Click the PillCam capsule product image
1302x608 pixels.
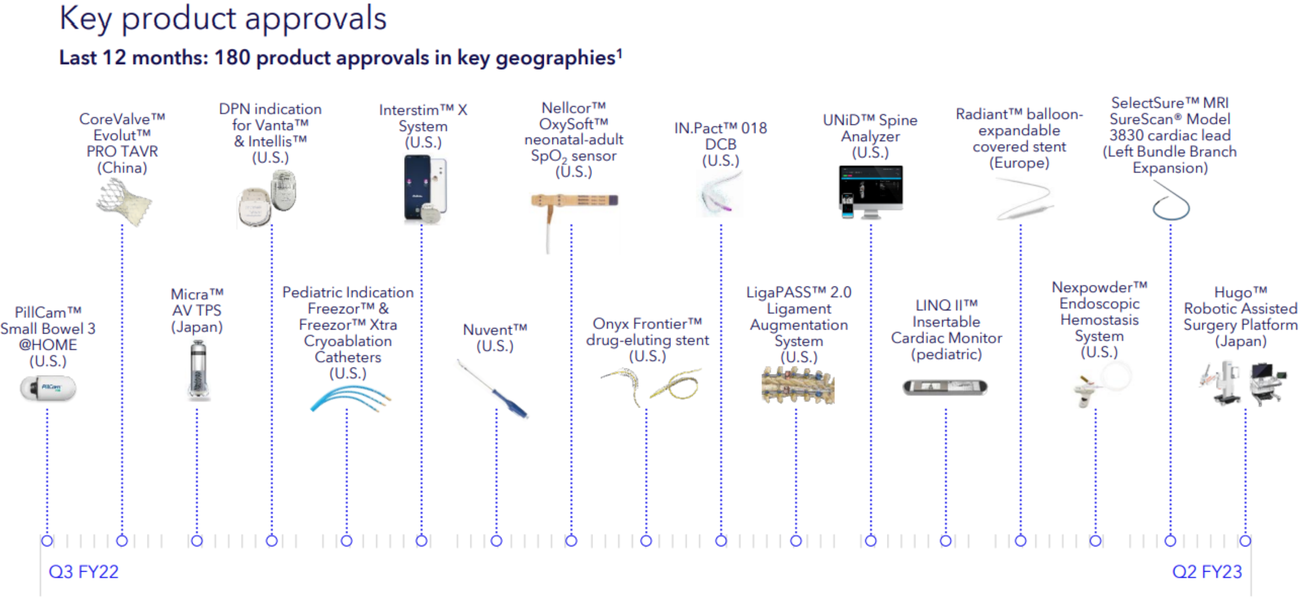(x=48, y=388)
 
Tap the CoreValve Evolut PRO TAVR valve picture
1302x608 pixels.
(x=124, y=202)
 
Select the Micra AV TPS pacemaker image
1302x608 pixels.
(x=198, y=371)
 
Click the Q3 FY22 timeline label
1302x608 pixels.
(x=83, y=572)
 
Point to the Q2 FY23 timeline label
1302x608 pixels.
(x=1207, y=572)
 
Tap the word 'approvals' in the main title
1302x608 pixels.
(x=316, y=19)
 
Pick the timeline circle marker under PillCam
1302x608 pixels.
(x=47, y=541)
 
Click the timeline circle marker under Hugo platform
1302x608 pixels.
(x=1245, y=541)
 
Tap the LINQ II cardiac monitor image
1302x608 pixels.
(x=945, y=387)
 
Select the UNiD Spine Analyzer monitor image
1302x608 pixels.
(x=870, y=192)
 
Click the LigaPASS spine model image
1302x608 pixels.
(x=798, y=385)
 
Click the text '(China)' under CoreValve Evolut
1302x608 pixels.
(x=122, y=168)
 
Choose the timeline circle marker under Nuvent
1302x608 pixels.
(x=496, y=541)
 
